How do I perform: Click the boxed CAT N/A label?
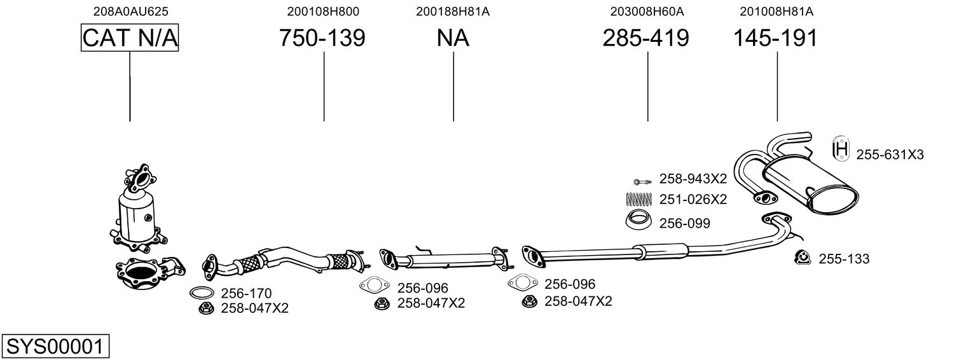[x=130, y=38]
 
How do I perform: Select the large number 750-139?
[x=322, y=38]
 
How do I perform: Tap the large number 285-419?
[x=645, y=38]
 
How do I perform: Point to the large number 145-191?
[x=775, y=38]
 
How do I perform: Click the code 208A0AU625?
[x=131, y=11]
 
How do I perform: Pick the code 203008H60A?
[x=647, y=11]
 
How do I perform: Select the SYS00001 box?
[x=55, y=346]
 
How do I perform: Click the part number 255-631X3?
[x=890, y=155]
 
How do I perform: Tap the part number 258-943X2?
[x=693, y=179]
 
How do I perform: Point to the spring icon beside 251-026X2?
[x=639, y=199]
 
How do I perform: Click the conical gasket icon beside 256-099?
[x=638, y=220]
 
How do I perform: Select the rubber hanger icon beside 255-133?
[x=803, y=258]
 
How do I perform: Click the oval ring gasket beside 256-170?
[x=202, y=293]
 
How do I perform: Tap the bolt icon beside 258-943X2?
[x=642, y=181]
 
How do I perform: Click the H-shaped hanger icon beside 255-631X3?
[x=841, y=149]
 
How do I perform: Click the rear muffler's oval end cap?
[x=832, y=201]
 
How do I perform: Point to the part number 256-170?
[x=246, y=293]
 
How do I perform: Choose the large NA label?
[x=453, y=38]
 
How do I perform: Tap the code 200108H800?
[x=322, y=11]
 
